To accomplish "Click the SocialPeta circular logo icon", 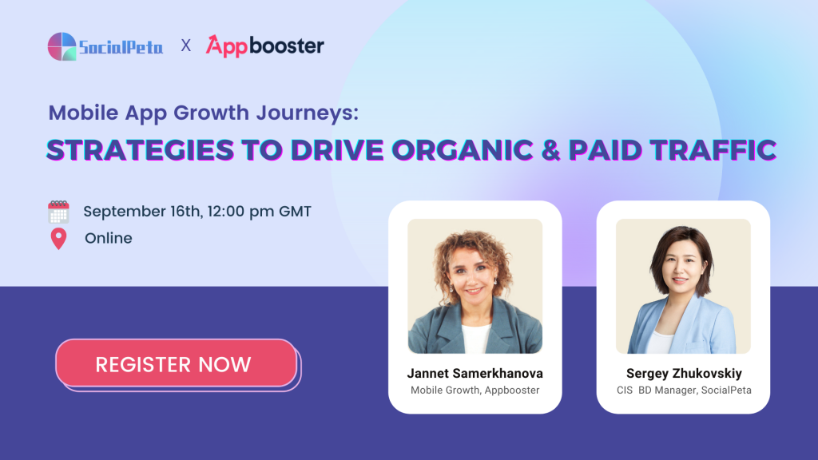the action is (62, 46).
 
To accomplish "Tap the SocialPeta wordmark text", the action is (121, 47).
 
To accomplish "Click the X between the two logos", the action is (185, 46).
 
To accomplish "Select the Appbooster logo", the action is (265, 46).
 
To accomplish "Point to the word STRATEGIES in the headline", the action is (141, 150).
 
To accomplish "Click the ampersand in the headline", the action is (551, 150).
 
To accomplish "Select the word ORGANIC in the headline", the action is (463, 150).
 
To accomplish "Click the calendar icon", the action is (58, 212).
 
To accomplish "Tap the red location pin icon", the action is (58, 239).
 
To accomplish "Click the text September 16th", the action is (142, 211).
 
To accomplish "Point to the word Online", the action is (109, 238).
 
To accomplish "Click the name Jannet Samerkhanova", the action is (475, 374).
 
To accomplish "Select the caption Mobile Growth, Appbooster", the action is (475, 390).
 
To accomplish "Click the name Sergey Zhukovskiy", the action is (684, 374).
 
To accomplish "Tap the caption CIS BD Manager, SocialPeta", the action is (684, 390).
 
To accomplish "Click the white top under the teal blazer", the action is (476, 338).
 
